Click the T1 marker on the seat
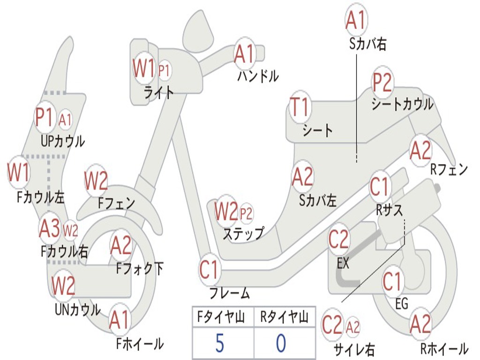pyautogui.click(x=300, y=107)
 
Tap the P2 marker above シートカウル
pyautogui.click(x=382, y=82)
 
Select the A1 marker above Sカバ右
pyautogui.click(x=356, y=20)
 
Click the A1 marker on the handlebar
pyautogui.click(x=244, y=54)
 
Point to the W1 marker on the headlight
pyautogui.click(x=144, y=68)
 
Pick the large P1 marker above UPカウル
pyautogui.click(x=45, y=118)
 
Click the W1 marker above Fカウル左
pyautogui.click(x=19, y=172)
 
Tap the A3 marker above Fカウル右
pyautogui.click(x=50, y=228)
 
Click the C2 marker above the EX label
pyautogui.click(x=338, y=240)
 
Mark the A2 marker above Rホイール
pyautogui.click(x=420, y=323)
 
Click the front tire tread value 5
pyautogui.click(x=220, y=343)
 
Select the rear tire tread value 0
pyautogui.click(x=281, y=343)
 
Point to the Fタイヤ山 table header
pyautogui.click(x=221, y=317)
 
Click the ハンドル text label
pyautogui.click(x=258, y=76)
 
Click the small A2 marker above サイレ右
pyautogui.click(x=352, y=327)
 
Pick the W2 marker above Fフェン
pyautogui.click(x=96, y=180)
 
